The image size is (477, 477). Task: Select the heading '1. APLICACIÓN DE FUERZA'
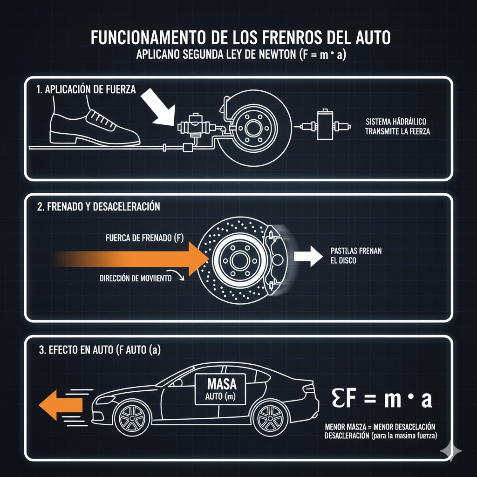pos(86,90)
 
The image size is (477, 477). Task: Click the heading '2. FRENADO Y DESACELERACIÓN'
pos(98,207)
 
